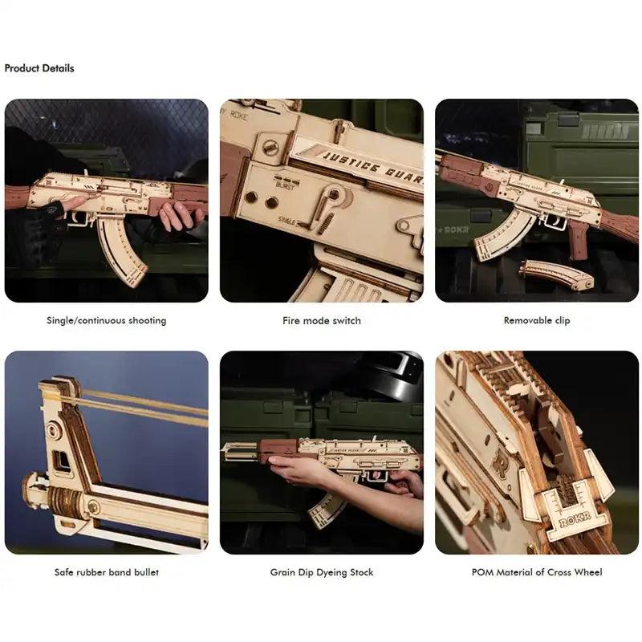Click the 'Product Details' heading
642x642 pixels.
click(39, 68)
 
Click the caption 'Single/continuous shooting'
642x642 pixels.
click(107, 320)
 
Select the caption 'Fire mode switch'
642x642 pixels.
click(322, 320)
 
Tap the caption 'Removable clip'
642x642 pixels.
click(537, 320)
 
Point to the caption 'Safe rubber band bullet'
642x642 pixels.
click(107, 572)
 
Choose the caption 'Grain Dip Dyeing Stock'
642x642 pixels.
click(322, 572)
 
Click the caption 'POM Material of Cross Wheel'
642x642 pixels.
click(537, 572)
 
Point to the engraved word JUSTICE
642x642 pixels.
click(351, 162)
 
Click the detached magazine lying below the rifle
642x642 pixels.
click(555, 274)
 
